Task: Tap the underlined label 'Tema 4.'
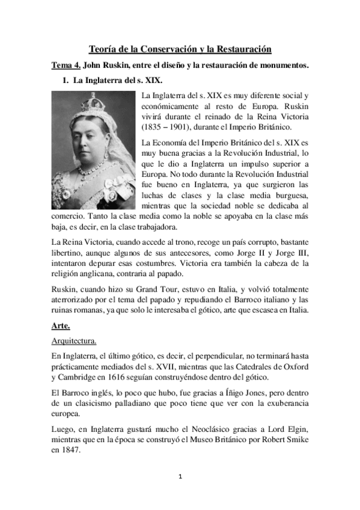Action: (64, 64)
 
